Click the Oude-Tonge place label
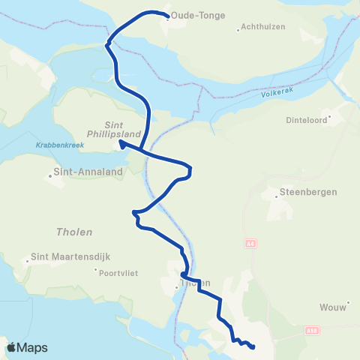(198, 15)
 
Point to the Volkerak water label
(277, 94)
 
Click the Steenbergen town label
(308, 192)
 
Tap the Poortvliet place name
(119, 271)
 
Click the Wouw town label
(329, 286)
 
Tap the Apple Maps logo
(27, 347)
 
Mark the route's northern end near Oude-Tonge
(166, 13)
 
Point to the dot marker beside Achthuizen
(238, 30)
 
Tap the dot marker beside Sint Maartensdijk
(28, 262)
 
